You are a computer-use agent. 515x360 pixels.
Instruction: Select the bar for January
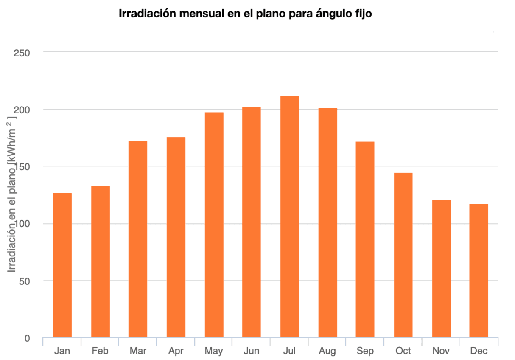point(62,265)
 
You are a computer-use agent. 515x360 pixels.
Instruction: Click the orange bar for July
point(289,217)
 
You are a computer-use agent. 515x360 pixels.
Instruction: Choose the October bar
point(403,255)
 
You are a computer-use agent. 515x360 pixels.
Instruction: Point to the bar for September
point(365,239)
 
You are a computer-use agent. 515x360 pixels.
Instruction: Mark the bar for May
point(214,225)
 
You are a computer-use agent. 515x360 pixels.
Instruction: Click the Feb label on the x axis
point(100,351)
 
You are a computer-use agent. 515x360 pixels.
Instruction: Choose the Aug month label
point(327,351)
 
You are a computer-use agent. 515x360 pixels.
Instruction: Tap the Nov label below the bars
point(441,351)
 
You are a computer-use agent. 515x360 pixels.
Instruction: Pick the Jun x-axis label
point(252,351)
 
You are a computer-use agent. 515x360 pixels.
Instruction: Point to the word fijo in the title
point(362,14)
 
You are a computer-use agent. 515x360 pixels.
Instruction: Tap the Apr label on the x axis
point(176,351)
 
